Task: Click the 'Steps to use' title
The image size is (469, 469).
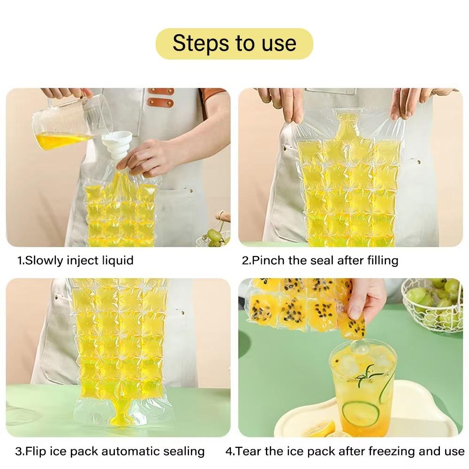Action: tap(234, 43)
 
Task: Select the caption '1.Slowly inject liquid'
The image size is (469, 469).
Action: tap(75, 260)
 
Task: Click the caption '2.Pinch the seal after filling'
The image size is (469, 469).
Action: tap(320, 260)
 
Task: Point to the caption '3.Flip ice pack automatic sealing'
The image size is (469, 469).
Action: tap(110, 451)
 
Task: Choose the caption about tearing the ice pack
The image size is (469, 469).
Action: tap(345, 451)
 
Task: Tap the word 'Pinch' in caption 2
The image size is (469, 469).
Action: tap(268, 260)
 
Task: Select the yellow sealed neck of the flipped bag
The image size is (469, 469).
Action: tap(119, 413)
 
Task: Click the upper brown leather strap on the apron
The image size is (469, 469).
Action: tap(161, 91)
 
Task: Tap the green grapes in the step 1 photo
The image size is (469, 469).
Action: tap(214, 238)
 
